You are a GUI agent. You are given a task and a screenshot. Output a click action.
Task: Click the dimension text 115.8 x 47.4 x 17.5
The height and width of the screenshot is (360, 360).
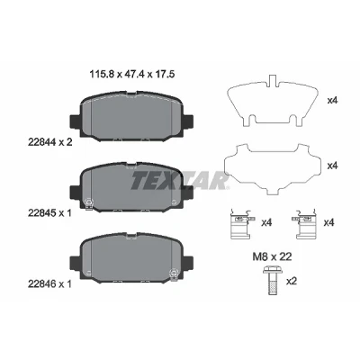pos(132,74)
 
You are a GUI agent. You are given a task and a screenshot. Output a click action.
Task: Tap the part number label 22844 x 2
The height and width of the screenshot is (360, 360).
pos(49,142)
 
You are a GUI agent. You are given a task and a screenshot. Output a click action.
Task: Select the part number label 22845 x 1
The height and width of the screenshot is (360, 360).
pos(49,213)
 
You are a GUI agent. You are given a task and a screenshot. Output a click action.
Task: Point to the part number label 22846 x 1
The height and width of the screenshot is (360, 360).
pos(49,283)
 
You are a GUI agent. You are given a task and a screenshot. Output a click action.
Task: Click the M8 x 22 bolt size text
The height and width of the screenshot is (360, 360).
pos(272,256)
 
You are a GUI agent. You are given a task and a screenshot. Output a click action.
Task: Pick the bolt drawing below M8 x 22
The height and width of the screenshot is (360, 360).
pos(271,281)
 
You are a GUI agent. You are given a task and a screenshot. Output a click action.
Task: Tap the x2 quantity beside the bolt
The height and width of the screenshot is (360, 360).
pos(292,282)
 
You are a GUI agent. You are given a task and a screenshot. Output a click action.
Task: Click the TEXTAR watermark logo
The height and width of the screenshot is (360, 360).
pos(179,181)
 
